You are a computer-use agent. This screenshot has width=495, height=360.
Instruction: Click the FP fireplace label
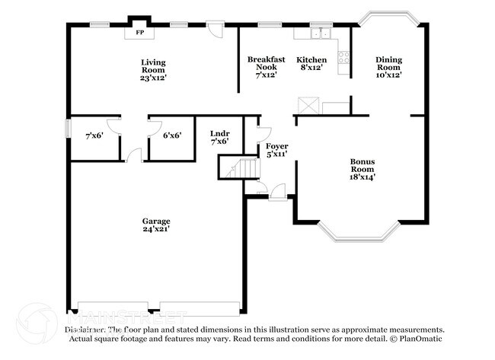pyautogui.click(x=139, y=33)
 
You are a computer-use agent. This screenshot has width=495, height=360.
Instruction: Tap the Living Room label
pyautogui.click(x=153, y=69)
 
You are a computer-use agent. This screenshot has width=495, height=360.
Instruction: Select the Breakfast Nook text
pyautogui.click(x=266, y=66)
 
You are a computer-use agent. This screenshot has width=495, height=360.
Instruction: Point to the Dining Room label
pyautogui.click(x=388, y=66)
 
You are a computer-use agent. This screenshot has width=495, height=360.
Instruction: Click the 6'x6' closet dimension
pyautogui.click(x=172, y=135)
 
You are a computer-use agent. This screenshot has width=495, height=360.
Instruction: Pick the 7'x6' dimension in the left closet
pyautogui.click(x=94, y=135)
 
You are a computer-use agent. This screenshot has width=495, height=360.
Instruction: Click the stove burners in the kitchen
pyautogui.click(x=343, y=56)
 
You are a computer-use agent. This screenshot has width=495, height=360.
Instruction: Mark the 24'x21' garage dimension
pyautogui.click(x=155, y=229)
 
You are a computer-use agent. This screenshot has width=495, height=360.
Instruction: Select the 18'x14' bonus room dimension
pyautogui.click(x=362, y=177)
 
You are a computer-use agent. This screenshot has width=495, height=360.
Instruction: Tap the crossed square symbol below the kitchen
pyautogui.click(x=308, y=105)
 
